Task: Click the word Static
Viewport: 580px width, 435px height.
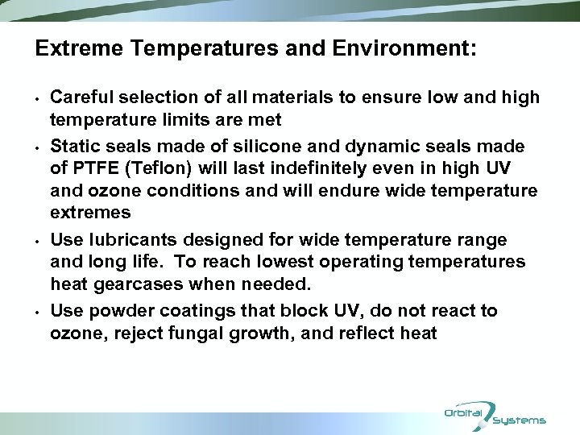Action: tap(72, 147)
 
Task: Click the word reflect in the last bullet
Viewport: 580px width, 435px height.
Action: tap(369, 333)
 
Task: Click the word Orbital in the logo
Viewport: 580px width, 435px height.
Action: tap(463, 413)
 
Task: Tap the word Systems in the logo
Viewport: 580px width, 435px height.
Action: tap(520, 420)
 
